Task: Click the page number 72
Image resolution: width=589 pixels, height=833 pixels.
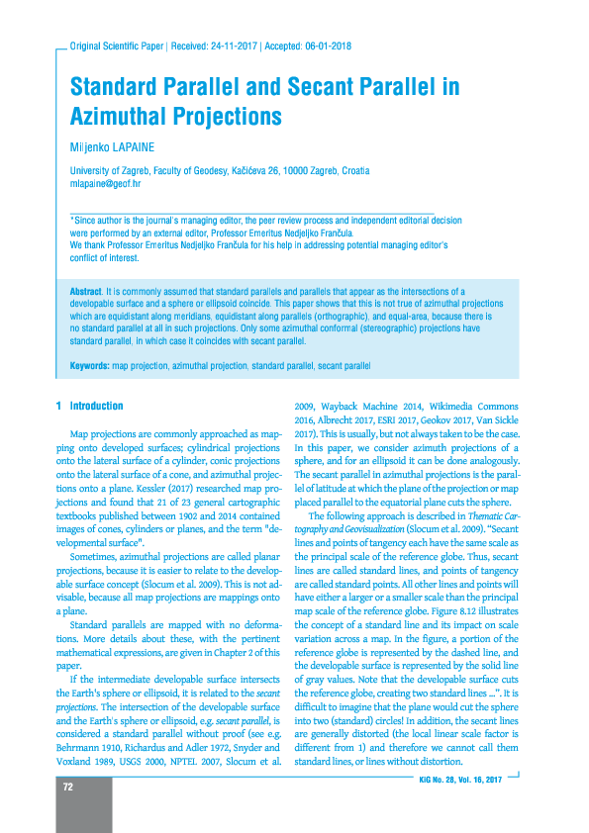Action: click(x=68, y=787)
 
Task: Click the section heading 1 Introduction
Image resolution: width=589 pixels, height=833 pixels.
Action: click(x=90, y=406)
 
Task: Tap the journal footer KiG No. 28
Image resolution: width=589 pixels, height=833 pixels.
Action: click(x=432, y=781)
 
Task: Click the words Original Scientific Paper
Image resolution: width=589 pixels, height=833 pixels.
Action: click(x=112, y=46)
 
